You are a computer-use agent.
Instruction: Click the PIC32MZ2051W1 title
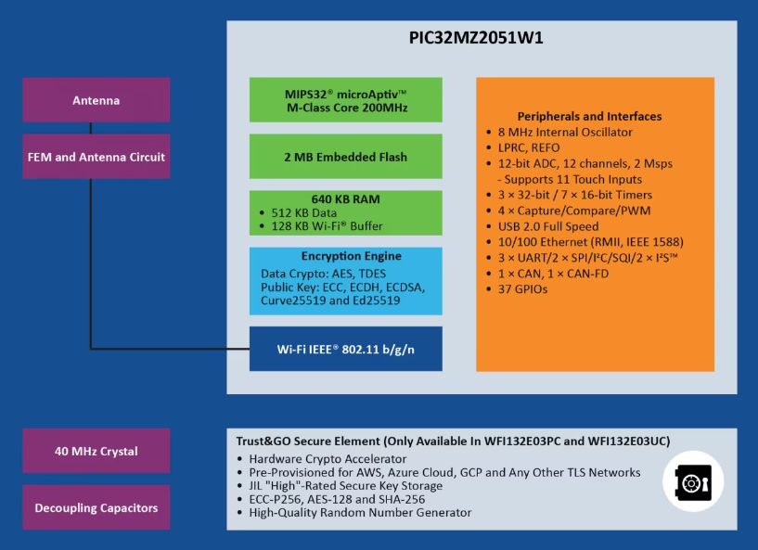pos(476,38)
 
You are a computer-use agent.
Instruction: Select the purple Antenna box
pos(96,100)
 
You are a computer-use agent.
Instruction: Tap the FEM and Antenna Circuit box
pos(96,157)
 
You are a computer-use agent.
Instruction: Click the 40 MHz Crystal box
pos(96,451)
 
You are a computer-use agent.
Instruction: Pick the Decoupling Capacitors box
pos(96,507)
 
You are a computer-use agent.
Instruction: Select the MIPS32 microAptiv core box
pos(346,100)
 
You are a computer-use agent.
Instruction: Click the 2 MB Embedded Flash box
pos(346,157)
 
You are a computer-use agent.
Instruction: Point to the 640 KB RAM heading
pos(346,199)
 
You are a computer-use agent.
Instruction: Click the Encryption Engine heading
pos(352,256)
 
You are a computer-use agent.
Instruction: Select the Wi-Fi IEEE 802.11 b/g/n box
pos(346,349)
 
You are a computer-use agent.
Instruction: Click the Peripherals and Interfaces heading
pos(589,116)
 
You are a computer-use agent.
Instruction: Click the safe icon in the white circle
pos(693,481)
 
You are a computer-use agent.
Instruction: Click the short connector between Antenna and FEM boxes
pos(90,128)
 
